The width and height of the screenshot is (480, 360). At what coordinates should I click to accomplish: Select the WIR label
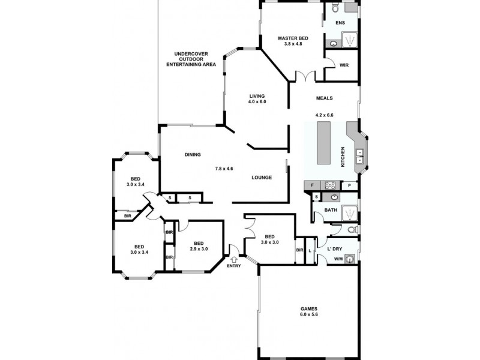click(344, 64)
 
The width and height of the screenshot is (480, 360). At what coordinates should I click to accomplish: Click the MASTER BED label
click(292, 38)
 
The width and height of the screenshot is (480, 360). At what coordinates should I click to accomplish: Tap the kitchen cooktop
click(329, 185)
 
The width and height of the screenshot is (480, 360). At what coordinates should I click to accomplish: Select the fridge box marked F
click(312, 185)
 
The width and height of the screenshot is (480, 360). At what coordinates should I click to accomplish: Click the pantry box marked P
click(349, 185)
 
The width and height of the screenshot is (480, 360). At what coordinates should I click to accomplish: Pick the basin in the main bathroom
click(334, 197)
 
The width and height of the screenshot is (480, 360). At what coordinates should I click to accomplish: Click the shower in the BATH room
click(349, 212)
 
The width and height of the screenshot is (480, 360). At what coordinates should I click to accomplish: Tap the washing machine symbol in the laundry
click(349, 259)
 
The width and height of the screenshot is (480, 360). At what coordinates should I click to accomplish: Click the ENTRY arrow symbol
click(233, 259)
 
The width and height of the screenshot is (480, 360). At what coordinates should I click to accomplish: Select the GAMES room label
click(309, 309)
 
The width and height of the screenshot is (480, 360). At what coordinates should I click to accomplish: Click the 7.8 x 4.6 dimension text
click(224, 169)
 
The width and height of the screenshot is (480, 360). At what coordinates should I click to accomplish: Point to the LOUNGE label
click(262, 177)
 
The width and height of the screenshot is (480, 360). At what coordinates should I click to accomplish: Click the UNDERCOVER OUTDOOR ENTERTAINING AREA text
click(191, 59)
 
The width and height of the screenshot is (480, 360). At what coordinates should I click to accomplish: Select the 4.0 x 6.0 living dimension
click(257, 102)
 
